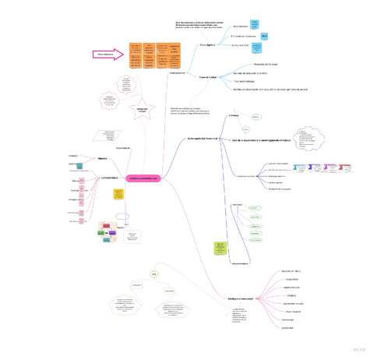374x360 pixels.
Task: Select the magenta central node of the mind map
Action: [143, 178]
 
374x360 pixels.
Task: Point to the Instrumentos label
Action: [178, 72]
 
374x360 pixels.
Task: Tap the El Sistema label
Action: [233, 115]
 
